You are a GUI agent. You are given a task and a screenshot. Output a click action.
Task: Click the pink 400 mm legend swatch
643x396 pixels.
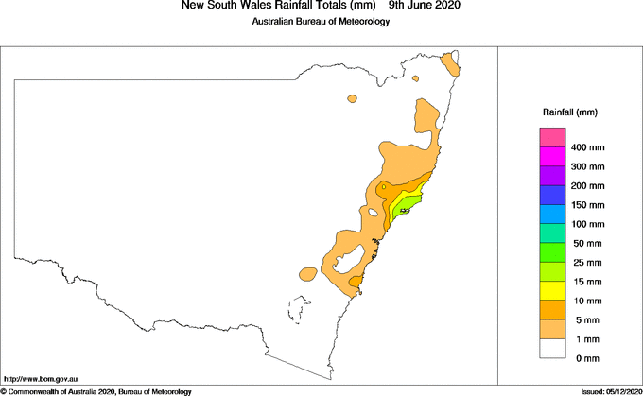553,138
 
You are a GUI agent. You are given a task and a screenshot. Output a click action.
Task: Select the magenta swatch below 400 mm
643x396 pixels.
553,157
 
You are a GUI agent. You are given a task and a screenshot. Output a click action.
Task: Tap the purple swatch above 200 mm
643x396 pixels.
553,176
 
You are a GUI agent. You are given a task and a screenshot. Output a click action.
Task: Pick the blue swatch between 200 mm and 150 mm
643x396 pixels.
553,195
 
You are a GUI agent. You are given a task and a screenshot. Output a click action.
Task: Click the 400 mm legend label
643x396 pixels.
587,148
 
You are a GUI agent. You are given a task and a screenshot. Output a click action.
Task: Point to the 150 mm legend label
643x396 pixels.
587,205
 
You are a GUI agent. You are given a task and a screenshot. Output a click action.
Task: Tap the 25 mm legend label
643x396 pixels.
586,263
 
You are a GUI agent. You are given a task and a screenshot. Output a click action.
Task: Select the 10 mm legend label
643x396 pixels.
586,301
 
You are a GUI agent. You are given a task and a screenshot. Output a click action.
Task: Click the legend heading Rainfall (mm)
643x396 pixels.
569,112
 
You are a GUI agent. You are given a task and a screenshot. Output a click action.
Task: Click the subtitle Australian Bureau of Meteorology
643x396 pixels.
321,22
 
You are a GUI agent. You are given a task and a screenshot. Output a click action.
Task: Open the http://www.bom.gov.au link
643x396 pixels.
41,379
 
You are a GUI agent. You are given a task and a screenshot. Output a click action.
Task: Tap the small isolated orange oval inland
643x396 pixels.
353,97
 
